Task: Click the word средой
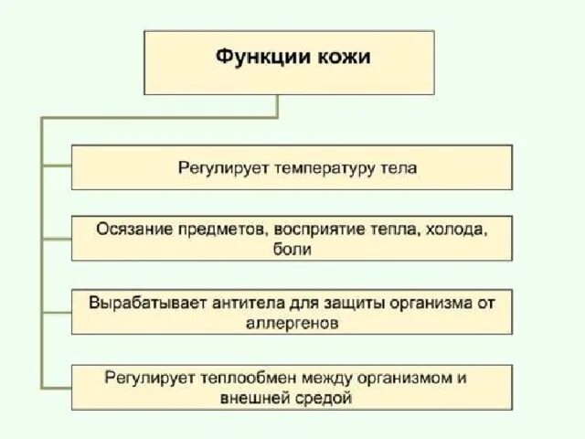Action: tap(324, 398)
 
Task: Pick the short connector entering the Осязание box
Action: tap(57, 239)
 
